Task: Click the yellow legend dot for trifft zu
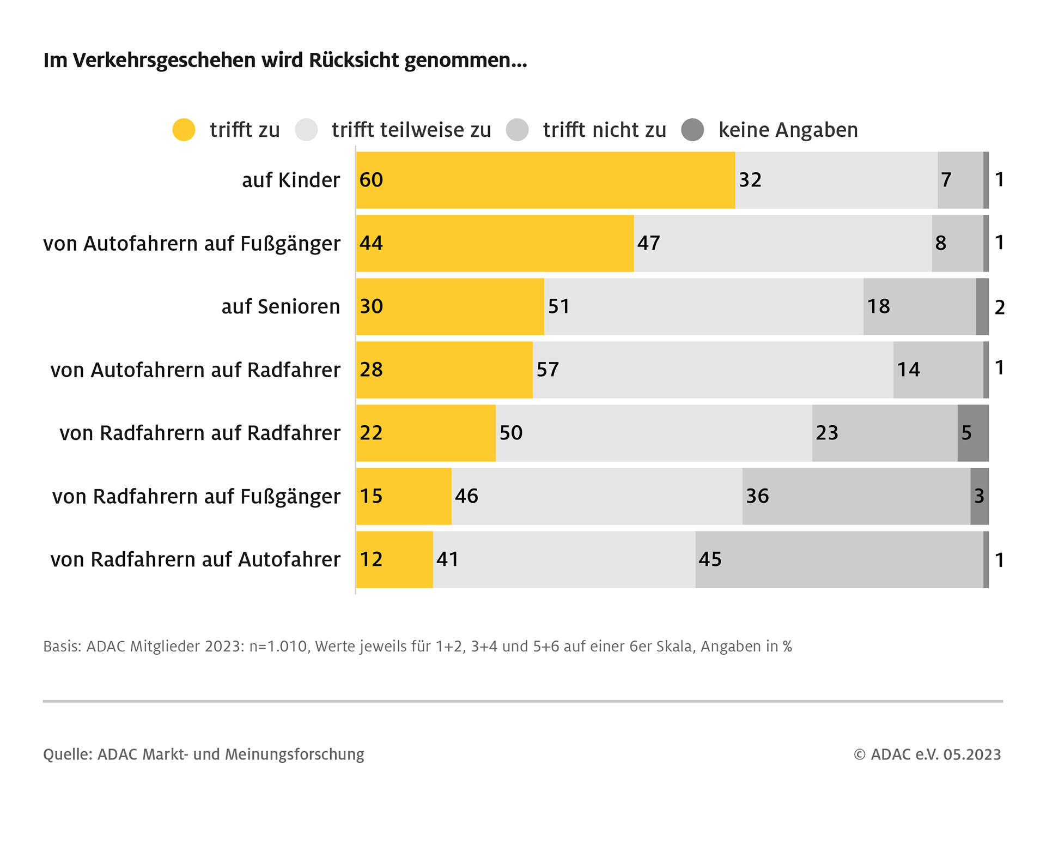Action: coord(184,130)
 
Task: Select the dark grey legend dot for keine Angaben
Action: coord(692,130)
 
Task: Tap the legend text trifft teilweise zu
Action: coord(411,130)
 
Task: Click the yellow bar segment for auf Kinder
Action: coord(545,180)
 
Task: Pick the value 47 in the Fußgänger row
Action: coord(649,243)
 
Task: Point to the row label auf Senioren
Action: coord(281,307)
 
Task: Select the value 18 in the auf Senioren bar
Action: coord(878,306)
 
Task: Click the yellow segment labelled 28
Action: coord(444,370)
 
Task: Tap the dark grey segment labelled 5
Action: coord(973,433)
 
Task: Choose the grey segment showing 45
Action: coord(839,559)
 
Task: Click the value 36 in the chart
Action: coord(757,496)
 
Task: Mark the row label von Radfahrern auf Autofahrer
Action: coord(195,560)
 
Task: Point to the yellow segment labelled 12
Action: coord(394,559)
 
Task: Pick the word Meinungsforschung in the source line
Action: coord(294,755)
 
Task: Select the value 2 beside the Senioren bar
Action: coord(1000,307)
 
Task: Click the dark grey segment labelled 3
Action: coord(980,496)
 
